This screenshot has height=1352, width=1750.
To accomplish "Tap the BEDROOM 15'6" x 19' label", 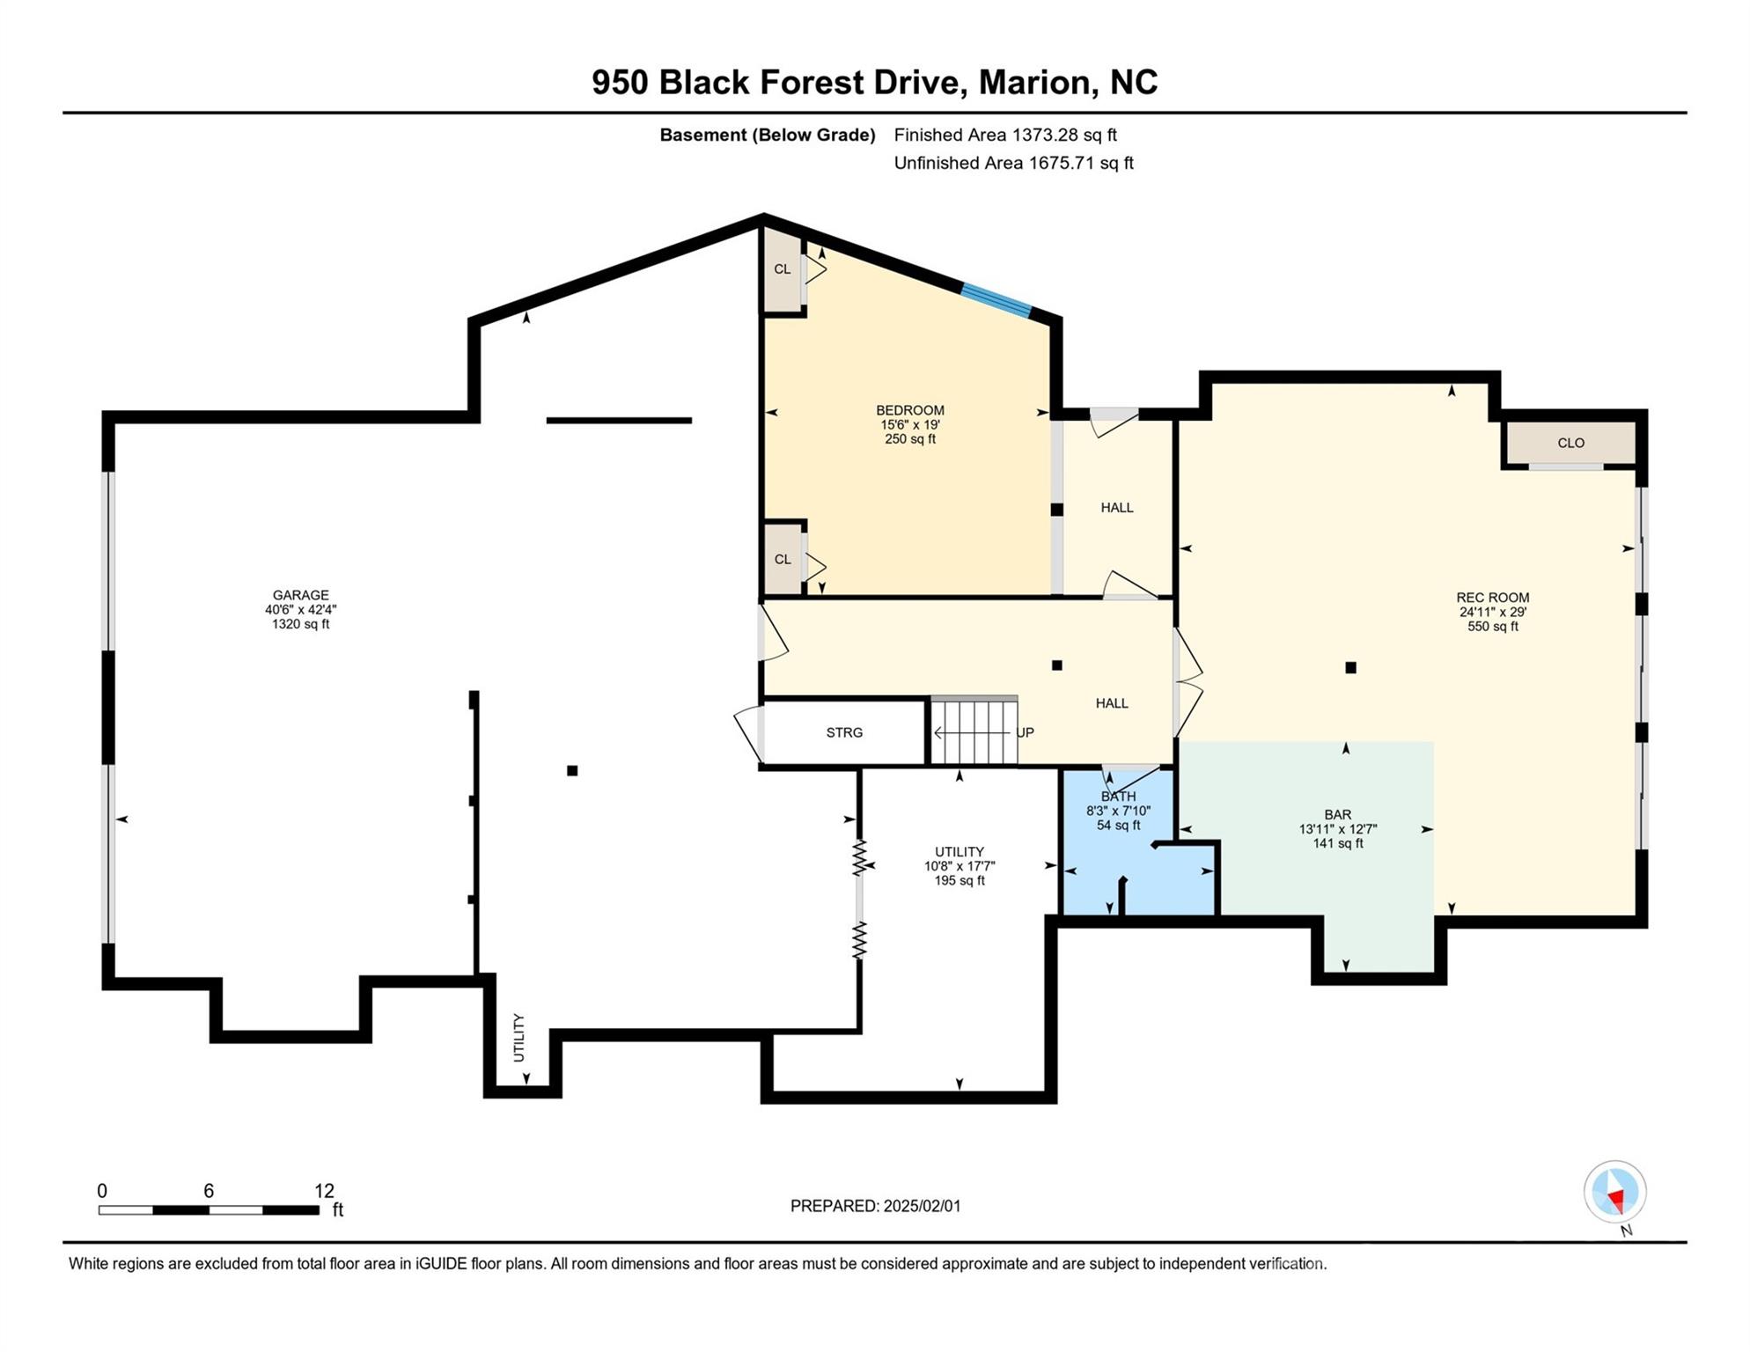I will coord(910,424).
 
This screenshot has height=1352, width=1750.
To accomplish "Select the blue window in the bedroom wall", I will coord(996,300).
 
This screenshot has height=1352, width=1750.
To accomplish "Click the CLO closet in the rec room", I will coord(1570,443).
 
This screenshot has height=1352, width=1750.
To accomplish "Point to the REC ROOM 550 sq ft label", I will coord(1492,612).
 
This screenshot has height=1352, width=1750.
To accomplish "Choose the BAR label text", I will coord(1337,815).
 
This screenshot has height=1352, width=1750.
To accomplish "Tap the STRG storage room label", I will coord(844,732).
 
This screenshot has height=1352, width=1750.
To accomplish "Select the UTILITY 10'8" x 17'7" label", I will coord(960,866).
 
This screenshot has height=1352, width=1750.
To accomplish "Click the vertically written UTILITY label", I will coord(518,1038).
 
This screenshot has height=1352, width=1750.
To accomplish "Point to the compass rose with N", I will coord(1614,1193).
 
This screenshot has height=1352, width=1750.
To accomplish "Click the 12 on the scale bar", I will coord(324,1191).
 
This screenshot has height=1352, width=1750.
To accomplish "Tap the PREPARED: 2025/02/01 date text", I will coord(875,1206).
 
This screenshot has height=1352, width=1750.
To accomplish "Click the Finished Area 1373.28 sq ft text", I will coord(1005,135).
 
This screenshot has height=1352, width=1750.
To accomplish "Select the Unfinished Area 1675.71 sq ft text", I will coord(1013,163).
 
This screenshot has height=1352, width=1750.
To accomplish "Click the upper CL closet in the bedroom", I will coord(782,269).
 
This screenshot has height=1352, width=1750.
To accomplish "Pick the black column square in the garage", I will coord(572,771).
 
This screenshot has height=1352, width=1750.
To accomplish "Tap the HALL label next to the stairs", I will coord(1112,703).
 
